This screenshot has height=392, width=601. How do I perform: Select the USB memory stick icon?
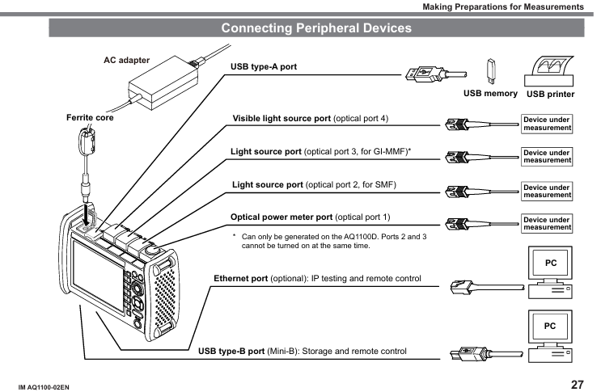490,71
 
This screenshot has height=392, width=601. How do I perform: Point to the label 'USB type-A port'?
264,66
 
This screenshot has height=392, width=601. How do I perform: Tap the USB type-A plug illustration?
423,75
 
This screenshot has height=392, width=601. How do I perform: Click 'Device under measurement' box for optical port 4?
547,124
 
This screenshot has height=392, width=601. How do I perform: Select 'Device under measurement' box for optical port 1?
547,223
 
